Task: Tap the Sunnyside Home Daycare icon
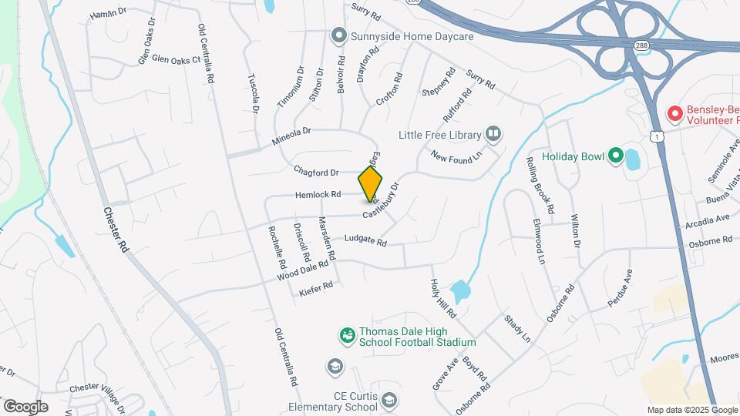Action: click(337, 35)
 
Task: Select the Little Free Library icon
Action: click(493, 135)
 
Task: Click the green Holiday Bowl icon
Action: click(615, 156)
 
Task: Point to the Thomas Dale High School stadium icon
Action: click(347, 335)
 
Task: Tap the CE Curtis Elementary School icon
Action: click(390, 399)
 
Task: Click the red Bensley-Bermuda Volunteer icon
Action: click(675, 114)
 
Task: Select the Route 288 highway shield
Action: click(641, 46)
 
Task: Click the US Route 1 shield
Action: click(655, 136)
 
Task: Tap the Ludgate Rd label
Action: click(365, 240)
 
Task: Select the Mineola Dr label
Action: click(291, 137)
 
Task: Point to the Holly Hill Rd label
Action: click(443, 299)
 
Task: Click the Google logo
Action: click(25, 406)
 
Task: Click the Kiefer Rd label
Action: click(315, 289)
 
